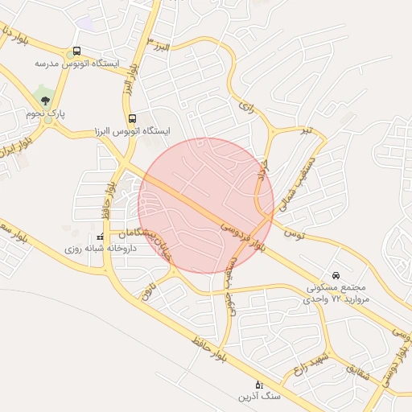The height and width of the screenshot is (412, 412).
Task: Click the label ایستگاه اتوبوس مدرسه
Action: (77, 63)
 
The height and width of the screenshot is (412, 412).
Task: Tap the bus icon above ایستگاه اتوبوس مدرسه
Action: (76, 51)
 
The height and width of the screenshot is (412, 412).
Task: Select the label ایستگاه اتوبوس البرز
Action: (133, 130)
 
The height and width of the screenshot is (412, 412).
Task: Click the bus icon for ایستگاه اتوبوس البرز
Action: (132, 118)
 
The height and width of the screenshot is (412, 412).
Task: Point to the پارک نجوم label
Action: (45, 114)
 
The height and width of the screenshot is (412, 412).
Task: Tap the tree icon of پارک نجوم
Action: (45, 101)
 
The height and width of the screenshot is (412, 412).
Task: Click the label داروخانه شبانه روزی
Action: (100, 249)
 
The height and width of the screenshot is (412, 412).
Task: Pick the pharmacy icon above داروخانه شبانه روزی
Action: (101, 237)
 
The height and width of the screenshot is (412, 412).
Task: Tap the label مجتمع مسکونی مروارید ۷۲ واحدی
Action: (336, 292)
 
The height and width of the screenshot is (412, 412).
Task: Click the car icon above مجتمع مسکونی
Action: (336, 274)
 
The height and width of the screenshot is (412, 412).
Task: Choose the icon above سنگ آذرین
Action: (257, 385)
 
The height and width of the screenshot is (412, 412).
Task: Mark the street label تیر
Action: (305, 129)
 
